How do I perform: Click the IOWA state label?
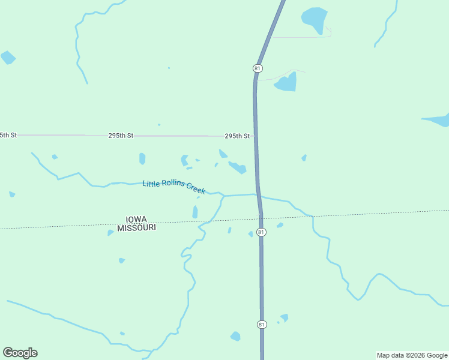(136, 220)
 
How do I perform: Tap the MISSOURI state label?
(136, 228)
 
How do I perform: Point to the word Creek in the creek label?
(196, 188)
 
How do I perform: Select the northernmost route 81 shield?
(258, 68)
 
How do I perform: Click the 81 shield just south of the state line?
(261, 232)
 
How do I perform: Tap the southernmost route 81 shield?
(261, 325)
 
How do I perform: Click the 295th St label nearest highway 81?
(237, 136)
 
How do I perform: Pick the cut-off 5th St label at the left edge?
(8, 136)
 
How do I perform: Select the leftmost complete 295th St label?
(121, 136)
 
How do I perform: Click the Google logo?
(20, 353)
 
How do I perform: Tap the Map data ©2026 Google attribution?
(412, 355)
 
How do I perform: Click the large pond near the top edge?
(314, 19)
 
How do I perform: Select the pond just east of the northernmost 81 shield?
(286, 83)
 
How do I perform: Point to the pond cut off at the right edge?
(438, 120)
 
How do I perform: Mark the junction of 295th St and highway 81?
(255, 136)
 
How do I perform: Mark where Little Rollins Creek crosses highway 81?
(259, 195)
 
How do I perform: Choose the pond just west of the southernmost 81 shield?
(235, 336)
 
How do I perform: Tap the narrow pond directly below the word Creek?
(195, 212)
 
